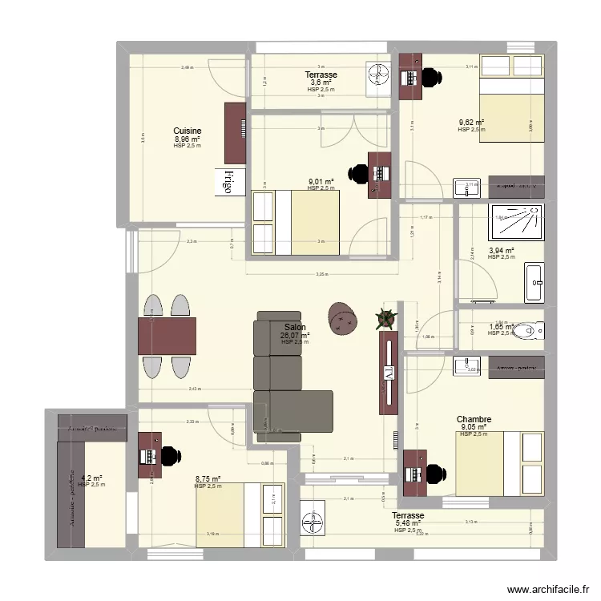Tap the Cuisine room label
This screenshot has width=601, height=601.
point(188,131)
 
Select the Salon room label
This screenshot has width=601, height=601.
point(295,327)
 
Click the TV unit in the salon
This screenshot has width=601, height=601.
point(389,373)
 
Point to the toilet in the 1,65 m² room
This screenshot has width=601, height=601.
point(528,329)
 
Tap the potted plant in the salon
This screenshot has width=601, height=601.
point(386,318)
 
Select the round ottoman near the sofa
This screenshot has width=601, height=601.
point(344,317)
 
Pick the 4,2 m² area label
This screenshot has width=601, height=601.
point(91,478)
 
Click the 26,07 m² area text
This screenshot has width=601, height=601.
point(295,335)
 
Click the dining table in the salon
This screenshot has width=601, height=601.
point(167,336)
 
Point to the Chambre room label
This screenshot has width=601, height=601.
point(474,419)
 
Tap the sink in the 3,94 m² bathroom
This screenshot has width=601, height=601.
point(534,281)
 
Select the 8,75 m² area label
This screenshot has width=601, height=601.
point(208,479)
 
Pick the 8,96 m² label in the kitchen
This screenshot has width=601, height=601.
point(188,139)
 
